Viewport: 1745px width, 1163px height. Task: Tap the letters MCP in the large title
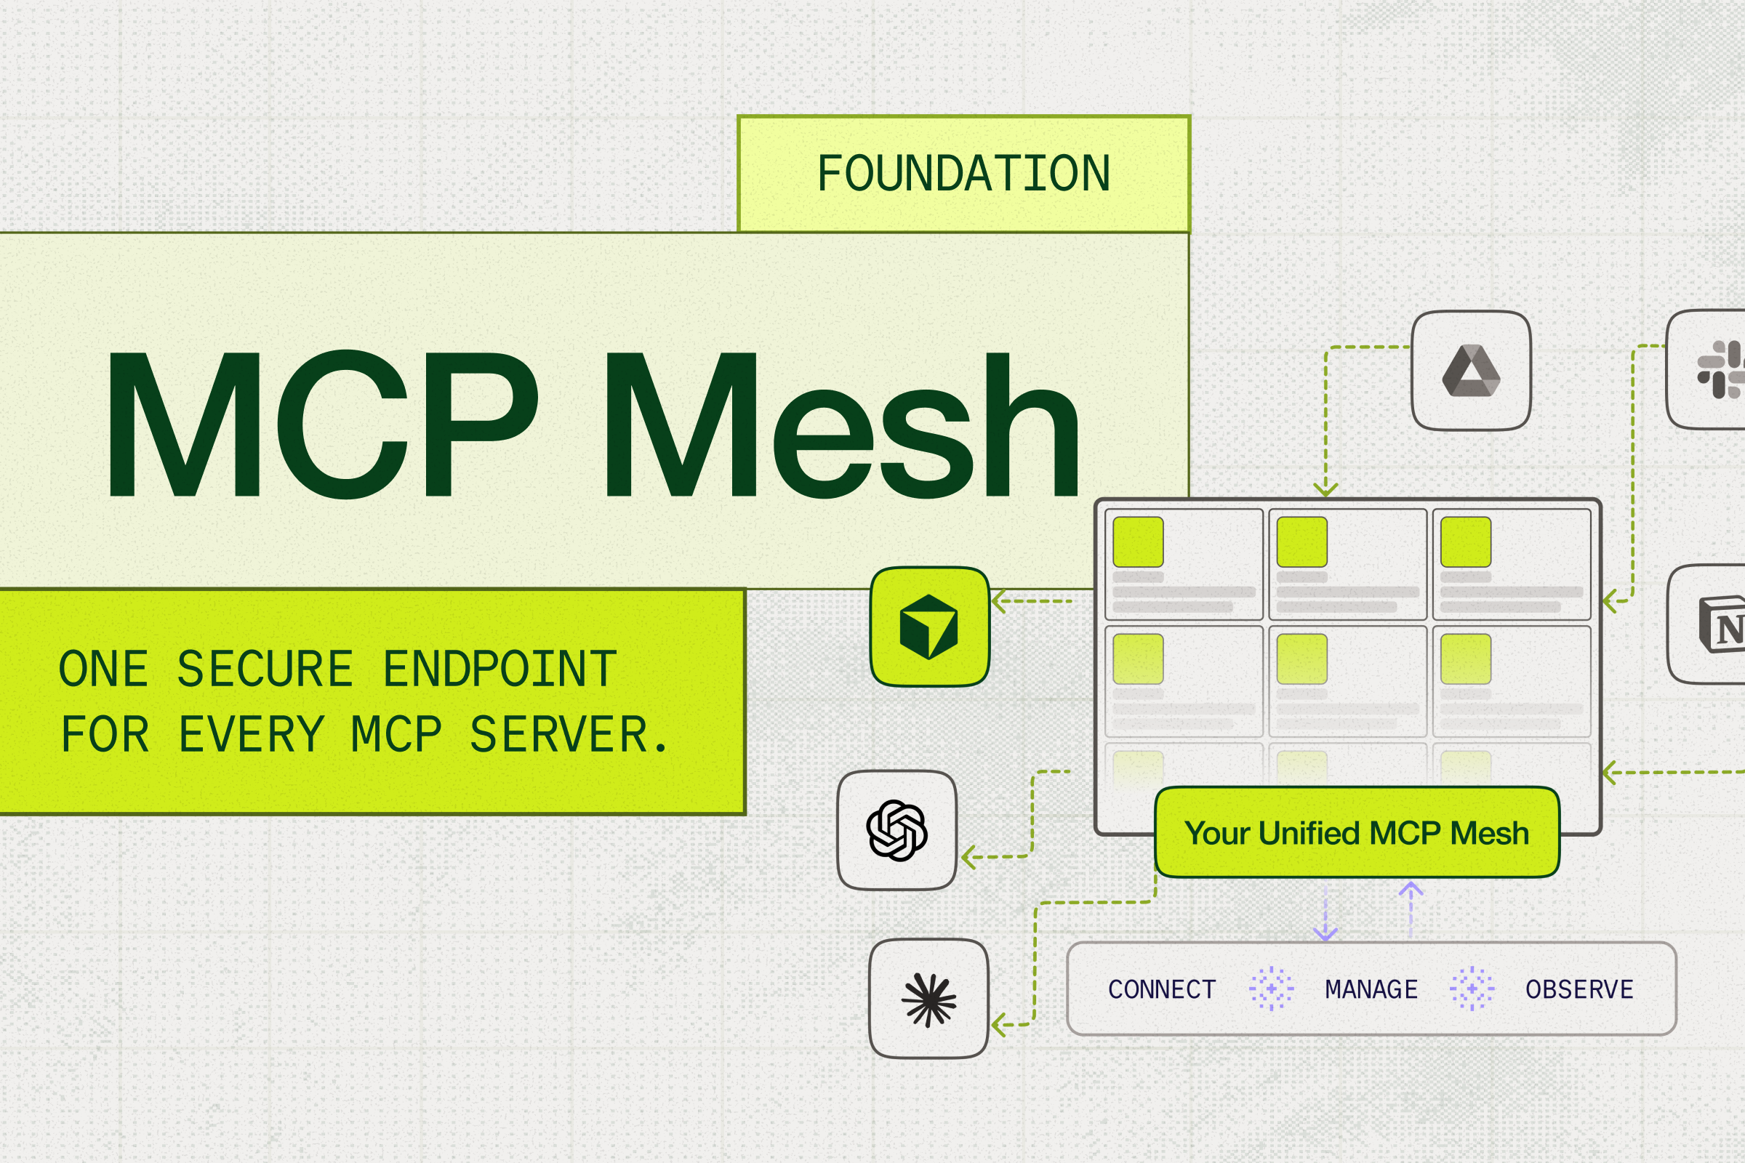[322, 424]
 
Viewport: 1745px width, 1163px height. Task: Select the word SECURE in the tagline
[265, 669]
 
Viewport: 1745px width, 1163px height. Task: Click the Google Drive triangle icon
[1470, 371]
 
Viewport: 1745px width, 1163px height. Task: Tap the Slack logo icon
[1720, 369]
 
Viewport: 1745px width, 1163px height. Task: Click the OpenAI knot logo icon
[896, 830]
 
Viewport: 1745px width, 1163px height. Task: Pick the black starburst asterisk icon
[928, 999]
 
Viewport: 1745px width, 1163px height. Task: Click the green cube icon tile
[929, 627]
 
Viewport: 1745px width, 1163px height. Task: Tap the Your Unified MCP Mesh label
[1356, 833]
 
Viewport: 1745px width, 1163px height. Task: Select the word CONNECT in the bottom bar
[1162, 989]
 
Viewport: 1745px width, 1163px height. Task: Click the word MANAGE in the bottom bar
[1371, 989]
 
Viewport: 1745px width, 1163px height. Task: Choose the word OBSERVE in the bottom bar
[1579, 989]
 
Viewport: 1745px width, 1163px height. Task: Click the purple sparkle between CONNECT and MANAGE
[1271, 989]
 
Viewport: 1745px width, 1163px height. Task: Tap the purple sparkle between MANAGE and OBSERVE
[1472, 989]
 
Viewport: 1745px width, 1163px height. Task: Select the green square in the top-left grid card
[1138, 542]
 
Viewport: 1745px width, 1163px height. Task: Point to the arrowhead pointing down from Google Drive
[1325, 489]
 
